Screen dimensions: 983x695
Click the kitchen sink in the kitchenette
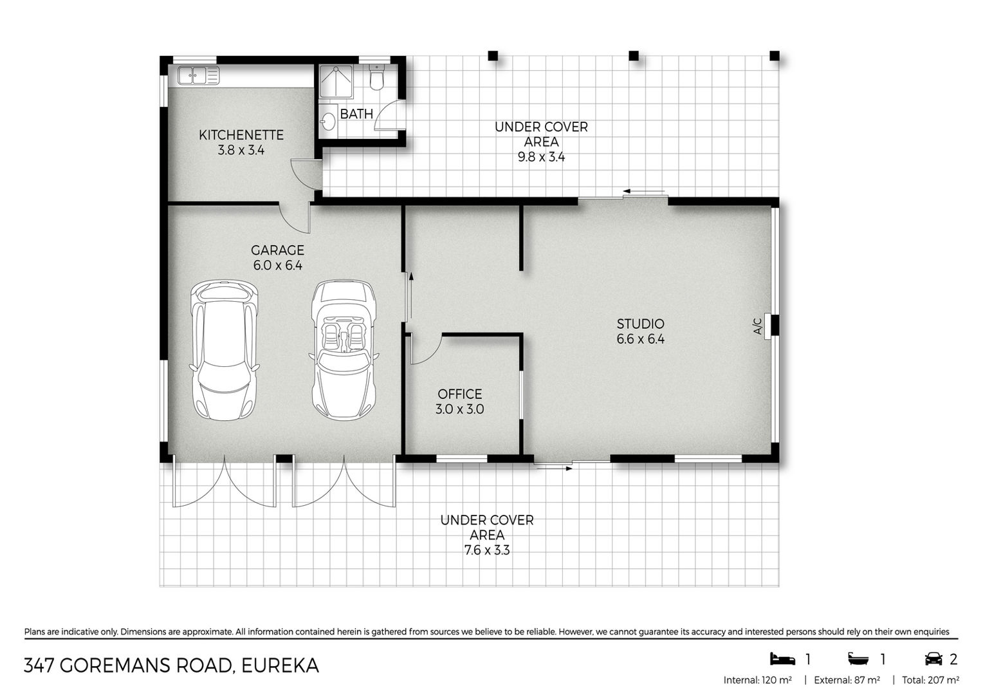pyautogui.click(x=198, y=75)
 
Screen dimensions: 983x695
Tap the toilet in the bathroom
pyautogui.click(x=376, y=77)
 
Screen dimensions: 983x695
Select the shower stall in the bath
pyautogui.click(x=336, y=81)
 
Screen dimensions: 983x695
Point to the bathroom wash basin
pyautogui.click(x=327, y=118)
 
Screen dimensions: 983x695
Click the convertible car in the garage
pyautogui.click(x=344, y=349)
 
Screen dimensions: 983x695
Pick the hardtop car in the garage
pyautogui.click(x=224, y=350)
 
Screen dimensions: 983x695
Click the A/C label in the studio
pyautogui.click(x=758, y=326)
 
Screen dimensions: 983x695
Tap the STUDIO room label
pyautogui.click(x=640, y=324)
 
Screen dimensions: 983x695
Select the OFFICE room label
pyautogui.click(x=459, y=394)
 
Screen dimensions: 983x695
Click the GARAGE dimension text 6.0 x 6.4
pyautogui.click(x=277, y=265)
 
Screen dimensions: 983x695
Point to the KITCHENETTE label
pyautogui.click(x=241, y=134)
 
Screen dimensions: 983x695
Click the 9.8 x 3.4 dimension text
pyautogui.click(x=541, y=157)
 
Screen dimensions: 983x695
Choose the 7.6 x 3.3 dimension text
pyautogui.click(x=486, y=550)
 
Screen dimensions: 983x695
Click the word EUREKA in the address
pyautogui.click(x=280, y=666)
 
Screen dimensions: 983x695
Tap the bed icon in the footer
pyautogui.click(x=782, y=659)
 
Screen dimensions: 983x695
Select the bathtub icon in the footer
pyautogui.click(x=858, y=659)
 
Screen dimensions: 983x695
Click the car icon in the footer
pyautogui.click(x=933, y=659)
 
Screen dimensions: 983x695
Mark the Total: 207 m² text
pyautogui.click(x=930, y=680)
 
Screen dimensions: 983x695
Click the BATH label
pyautogui.click(x=356, y=114)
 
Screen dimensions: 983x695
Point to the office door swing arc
pyautogui.click(x=430, y=355)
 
